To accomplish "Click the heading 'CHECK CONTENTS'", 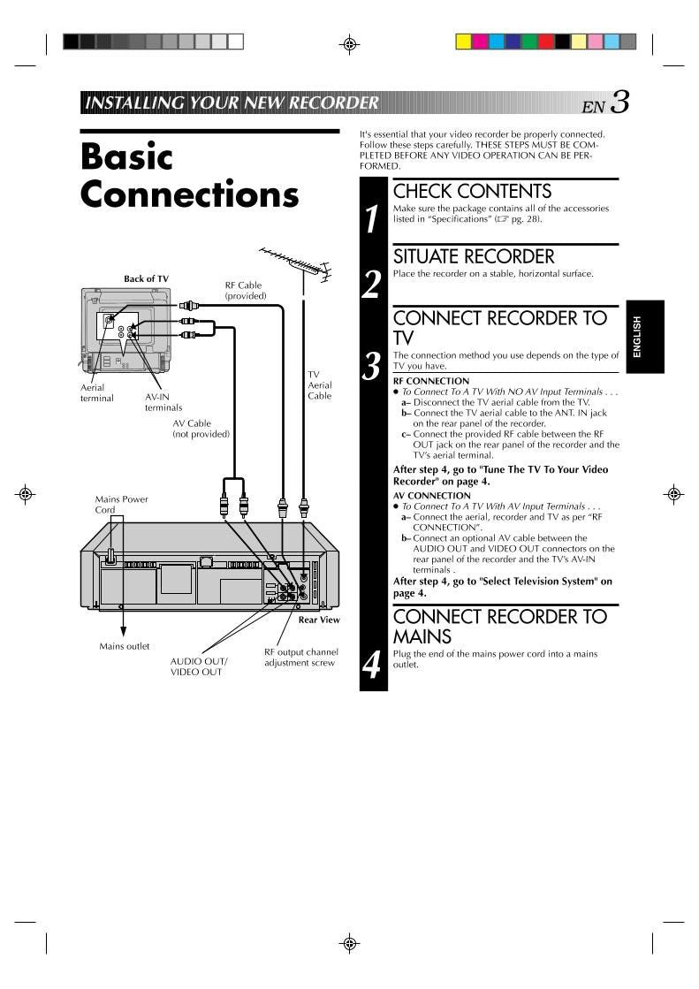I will point(472,192).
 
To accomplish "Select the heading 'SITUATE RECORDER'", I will point(474,257).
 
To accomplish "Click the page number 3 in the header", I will point(620,103).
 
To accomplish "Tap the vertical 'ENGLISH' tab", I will point(637,337).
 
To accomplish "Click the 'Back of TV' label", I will point(146,279).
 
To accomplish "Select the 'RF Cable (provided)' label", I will point(244,291).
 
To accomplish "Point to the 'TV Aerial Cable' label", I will point(319,385).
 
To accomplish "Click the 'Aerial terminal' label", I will point(97,392).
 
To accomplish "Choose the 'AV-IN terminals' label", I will point(163,402).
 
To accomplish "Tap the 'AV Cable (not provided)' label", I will point(201,429).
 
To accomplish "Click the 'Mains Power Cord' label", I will point(121,505).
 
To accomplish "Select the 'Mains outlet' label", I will point(124,646).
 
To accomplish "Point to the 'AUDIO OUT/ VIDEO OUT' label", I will point(199,666).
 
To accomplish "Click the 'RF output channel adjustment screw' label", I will point(300,658).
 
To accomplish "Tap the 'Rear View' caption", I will point(319,620).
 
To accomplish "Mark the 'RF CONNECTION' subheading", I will point(431,381).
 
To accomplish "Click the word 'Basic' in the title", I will point(126,156).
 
